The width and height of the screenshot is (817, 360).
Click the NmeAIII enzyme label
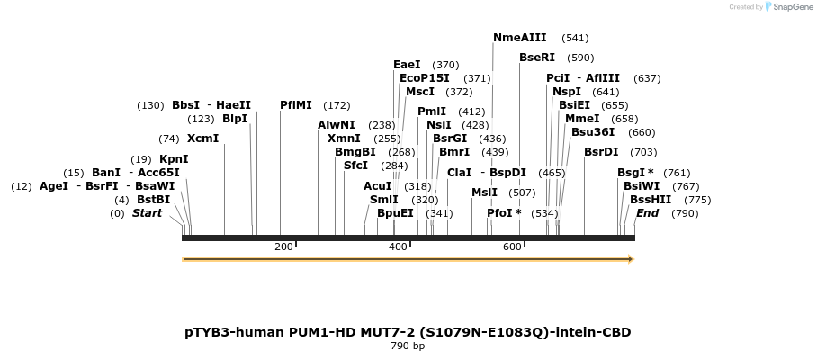tap(519, 38)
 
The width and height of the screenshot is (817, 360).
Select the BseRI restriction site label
tap(537, 58)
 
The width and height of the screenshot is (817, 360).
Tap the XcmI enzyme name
tap(202, 139)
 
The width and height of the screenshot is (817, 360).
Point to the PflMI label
tap(296, 105)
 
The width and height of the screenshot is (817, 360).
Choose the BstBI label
tap(153, 200)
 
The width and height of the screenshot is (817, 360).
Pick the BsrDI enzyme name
tap(601, 152)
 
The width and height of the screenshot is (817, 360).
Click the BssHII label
tap(650, 200)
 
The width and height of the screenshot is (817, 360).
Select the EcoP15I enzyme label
tap(424, 78)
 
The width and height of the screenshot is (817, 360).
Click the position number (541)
tap(575, 38)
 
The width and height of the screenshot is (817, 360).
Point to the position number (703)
tap(643, 152)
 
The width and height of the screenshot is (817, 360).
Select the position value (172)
tap(337, 105)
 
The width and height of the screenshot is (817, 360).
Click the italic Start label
tap(148, 213)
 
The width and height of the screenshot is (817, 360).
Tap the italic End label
tap(647, 213)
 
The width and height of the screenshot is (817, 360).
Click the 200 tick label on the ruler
tap(283, 247)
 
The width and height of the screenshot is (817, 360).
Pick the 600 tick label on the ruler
tap(512, 247)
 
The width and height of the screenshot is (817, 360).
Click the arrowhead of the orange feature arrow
tap(631, 259)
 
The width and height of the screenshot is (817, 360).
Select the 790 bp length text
tap(408, 346)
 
